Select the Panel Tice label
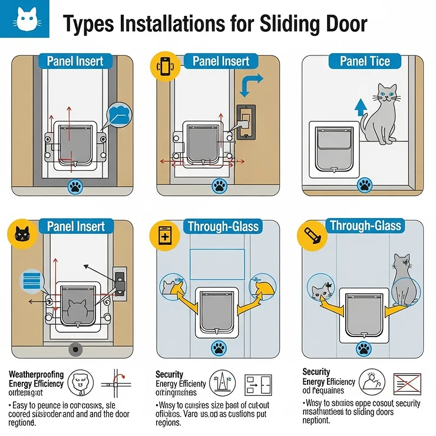point(365,61)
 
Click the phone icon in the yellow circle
point(164,66)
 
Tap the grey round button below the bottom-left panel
point(75,349)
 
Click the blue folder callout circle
point(120,114)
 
